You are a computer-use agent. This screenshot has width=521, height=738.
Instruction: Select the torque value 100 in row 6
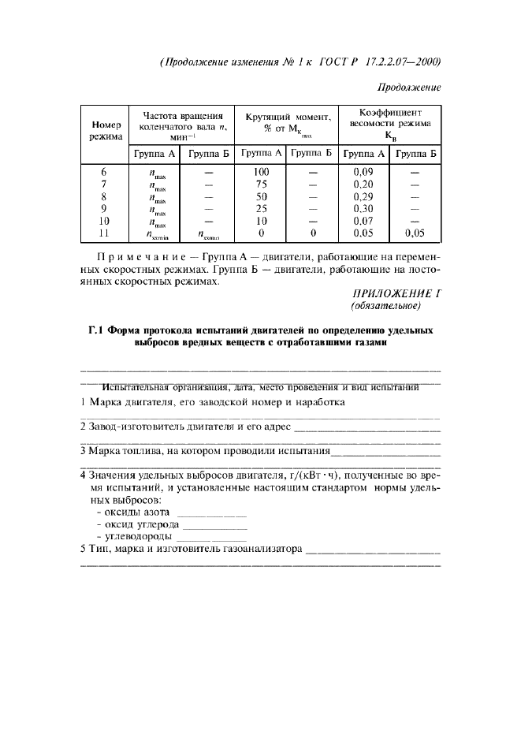point(262,172)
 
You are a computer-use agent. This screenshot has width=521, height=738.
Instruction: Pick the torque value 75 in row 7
point(262,184)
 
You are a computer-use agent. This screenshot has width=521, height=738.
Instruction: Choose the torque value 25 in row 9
point(262,209)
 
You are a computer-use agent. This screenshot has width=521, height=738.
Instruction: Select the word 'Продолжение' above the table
point(408,87)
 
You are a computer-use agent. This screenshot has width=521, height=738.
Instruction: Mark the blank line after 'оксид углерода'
point(215,526)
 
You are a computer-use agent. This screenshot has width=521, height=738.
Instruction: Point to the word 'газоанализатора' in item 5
point(262,550)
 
